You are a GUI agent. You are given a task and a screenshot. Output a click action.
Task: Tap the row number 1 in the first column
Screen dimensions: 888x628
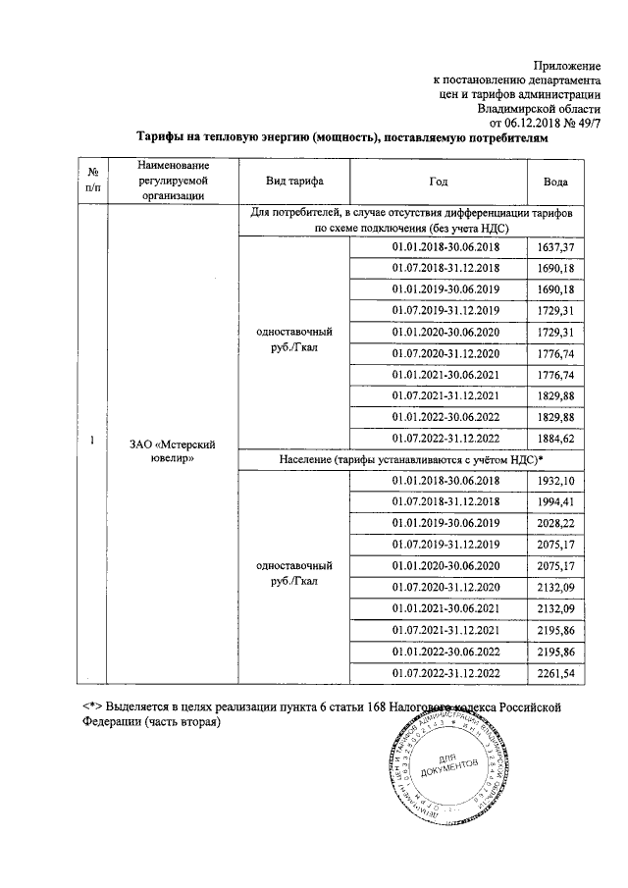(91, 442)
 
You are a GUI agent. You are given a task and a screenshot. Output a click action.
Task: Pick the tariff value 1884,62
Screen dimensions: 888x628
(555, 439)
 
